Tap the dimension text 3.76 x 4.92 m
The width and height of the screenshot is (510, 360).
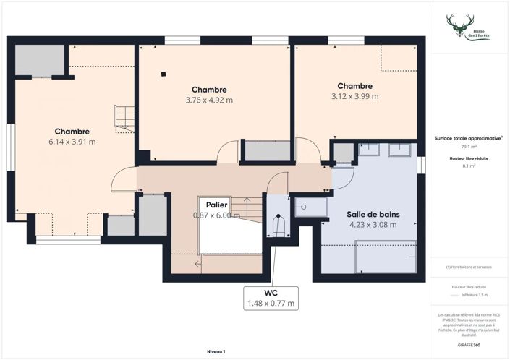(209, 100)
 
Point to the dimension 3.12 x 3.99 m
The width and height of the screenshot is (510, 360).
(354, 96)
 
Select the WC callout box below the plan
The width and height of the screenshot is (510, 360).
(271, 297)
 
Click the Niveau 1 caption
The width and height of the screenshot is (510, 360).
(216, 351)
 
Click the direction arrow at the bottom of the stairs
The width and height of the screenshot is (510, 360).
(199, 264)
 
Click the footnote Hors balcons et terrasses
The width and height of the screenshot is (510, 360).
(468, 267)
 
